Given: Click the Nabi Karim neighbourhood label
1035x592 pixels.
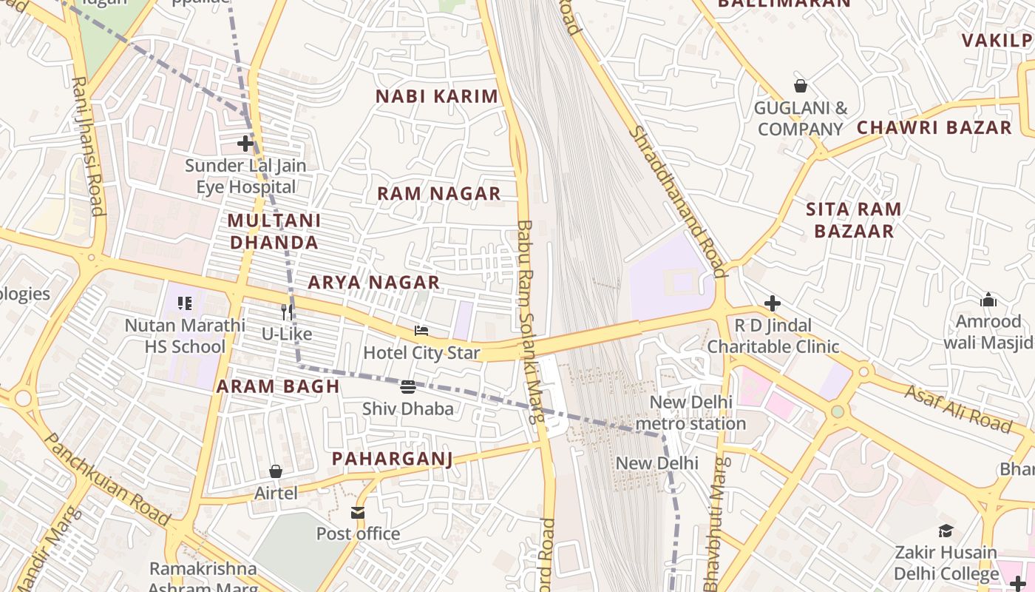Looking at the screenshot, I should [437, 96].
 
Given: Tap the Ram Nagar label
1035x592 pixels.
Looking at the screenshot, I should [439, 194].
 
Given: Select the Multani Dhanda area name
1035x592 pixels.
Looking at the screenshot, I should [274, 231].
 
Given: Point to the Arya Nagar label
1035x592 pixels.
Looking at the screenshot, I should [373, 282].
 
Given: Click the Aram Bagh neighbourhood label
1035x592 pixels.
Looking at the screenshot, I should [278, 386].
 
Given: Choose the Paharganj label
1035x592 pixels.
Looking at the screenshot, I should [392, 459].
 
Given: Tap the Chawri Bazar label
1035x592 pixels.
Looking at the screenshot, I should [934, 127].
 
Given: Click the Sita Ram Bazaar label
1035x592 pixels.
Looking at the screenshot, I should [854, 220].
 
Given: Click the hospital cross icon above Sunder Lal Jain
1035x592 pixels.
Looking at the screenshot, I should [245, 144].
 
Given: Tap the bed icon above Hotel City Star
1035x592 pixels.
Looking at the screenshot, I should [421, 331].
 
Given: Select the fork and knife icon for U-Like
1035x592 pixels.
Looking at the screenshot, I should [287, 312].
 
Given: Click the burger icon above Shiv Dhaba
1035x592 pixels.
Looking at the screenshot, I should [408, 387].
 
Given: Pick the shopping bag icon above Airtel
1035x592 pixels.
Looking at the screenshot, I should [276, 471].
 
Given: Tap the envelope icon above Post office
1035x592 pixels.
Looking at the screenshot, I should [358, 513].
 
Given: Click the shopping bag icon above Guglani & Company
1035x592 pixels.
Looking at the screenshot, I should [800, 86].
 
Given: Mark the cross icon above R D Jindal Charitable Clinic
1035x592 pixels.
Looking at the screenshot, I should [773, 303].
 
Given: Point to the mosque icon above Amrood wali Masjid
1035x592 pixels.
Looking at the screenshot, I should [988, 300].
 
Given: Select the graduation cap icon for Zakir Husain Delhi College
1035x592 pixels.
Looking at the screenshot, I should [946, 531].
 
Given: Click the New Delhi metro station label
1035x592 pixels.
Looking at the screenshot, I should [690, 413].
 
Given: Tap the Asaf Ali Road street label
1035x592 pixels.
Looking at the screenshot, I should [957, 408].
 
